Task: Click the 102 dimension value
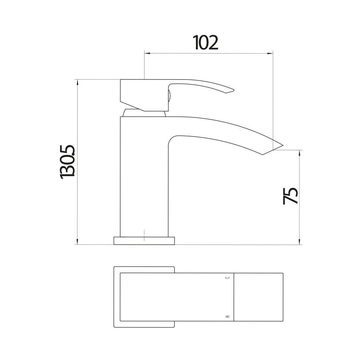tap(206, 43)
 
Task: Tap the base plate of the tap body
tap(144, 241)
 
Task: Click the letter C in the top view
tap(227, 278)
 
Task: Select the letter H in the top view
tap(227, 316)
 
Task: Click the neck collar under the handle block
tap(144, 113)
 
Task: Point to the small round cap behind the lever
tap(168, 95)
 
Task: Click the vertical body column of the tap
tap(143, 176)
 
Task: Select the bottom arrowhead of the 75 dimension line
tap(300, 242)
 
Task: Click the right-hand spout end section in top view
tap(258, 297)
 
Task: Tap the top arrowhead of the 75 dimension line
tap(300, 153)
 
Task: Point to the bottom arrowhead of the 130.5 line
tap(77, 242)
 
